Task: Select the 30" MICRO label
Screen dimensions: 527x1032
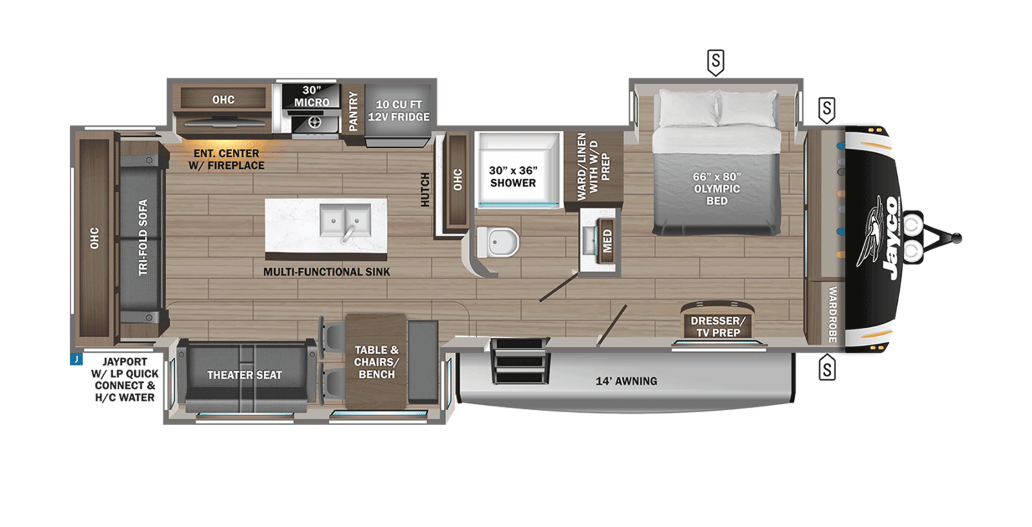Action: [312, 97]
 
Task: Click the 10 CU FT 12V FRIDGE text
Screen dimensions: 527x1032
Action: [399, 111]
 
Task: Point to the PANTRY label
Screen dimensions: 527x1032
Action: [353, 112]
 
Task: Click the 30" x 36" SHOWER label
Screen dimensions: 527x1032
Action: [513, 177]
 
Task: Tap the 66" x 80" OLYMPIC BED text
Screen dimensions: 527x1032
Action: [717, 188]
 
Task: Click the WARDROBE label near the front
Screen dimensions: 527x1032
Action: [832, 314]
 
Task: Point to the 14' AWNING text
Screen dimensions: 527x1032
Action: [626, 381]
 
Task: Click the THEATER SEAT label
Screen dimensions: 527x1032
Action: [244, 375]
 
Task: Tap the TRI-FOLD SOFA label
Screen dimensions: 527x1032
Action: [143, 237]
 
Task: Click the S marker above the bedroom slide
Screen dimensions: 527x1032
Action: [715, 61]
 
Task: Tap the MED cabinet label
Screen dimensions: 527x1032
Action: [607, 241]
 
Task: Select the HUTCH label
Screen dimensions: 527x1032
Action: [425, 189]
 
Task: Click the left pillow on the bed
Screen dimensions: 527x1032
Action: [686, 108]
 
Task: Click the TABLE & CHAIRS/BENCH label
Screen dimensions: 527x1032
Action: [376, 362]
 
